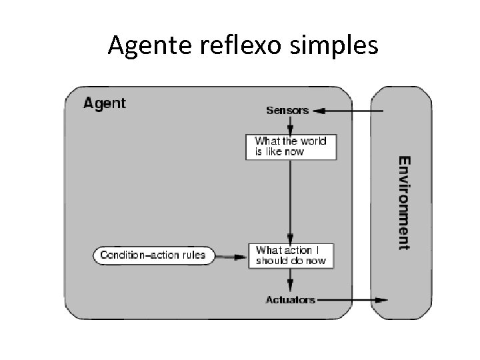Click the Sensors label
tap(287, 111)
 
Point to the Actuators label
tap(290, 300)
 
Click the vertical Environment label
tap(404, 203)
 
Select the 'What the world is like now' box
tap(291, 146)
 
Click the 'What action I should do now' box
tap(291, 255)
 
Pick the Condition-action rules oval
tap(152, 255)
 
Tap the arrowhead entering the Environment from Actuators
tap(380, 300)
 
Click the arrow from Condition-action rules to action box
tap(230, 255)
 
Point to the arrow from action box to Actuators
tap(290, 279)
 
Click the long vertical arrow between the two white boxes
tap(290, 200)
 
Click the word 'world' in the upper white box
tap(313, 141)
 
